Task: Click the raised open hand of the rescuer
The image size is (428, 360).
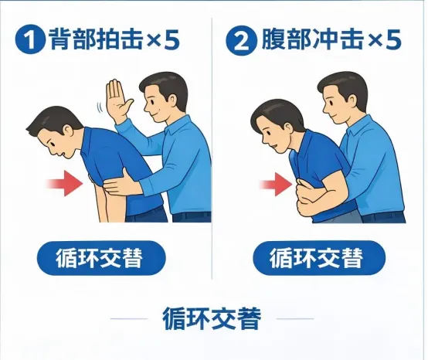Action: [x=118, y=99]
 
